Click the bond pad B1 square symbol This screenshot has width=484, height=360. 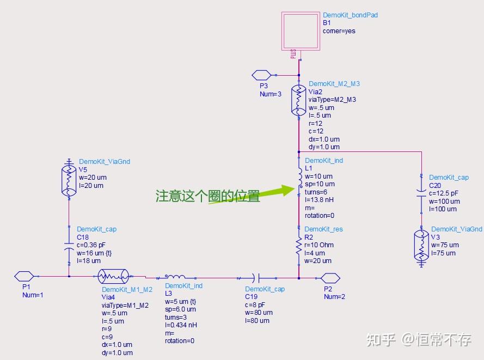(299, 32)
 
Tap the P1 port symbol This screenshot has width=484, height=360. (24, 276)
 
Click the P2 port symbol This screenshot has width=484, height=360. (330, 277)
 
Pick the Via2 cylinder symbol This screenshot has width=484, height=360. (299, 100)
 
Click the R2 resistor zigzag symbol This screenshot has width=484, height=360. (299, 247)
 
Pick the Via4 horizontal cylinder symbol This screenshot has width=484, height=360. (113, 276)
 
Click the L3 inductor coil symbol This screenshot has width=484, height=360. (175, 276)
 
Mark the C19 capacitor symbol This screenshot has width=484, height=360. (259, 277)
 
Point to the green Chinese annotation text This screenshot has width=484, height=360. (207, 196)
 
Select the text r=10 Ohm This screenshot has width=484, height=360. (320, 245)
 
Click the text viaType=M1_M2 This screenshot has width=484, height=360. (127, 305)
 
